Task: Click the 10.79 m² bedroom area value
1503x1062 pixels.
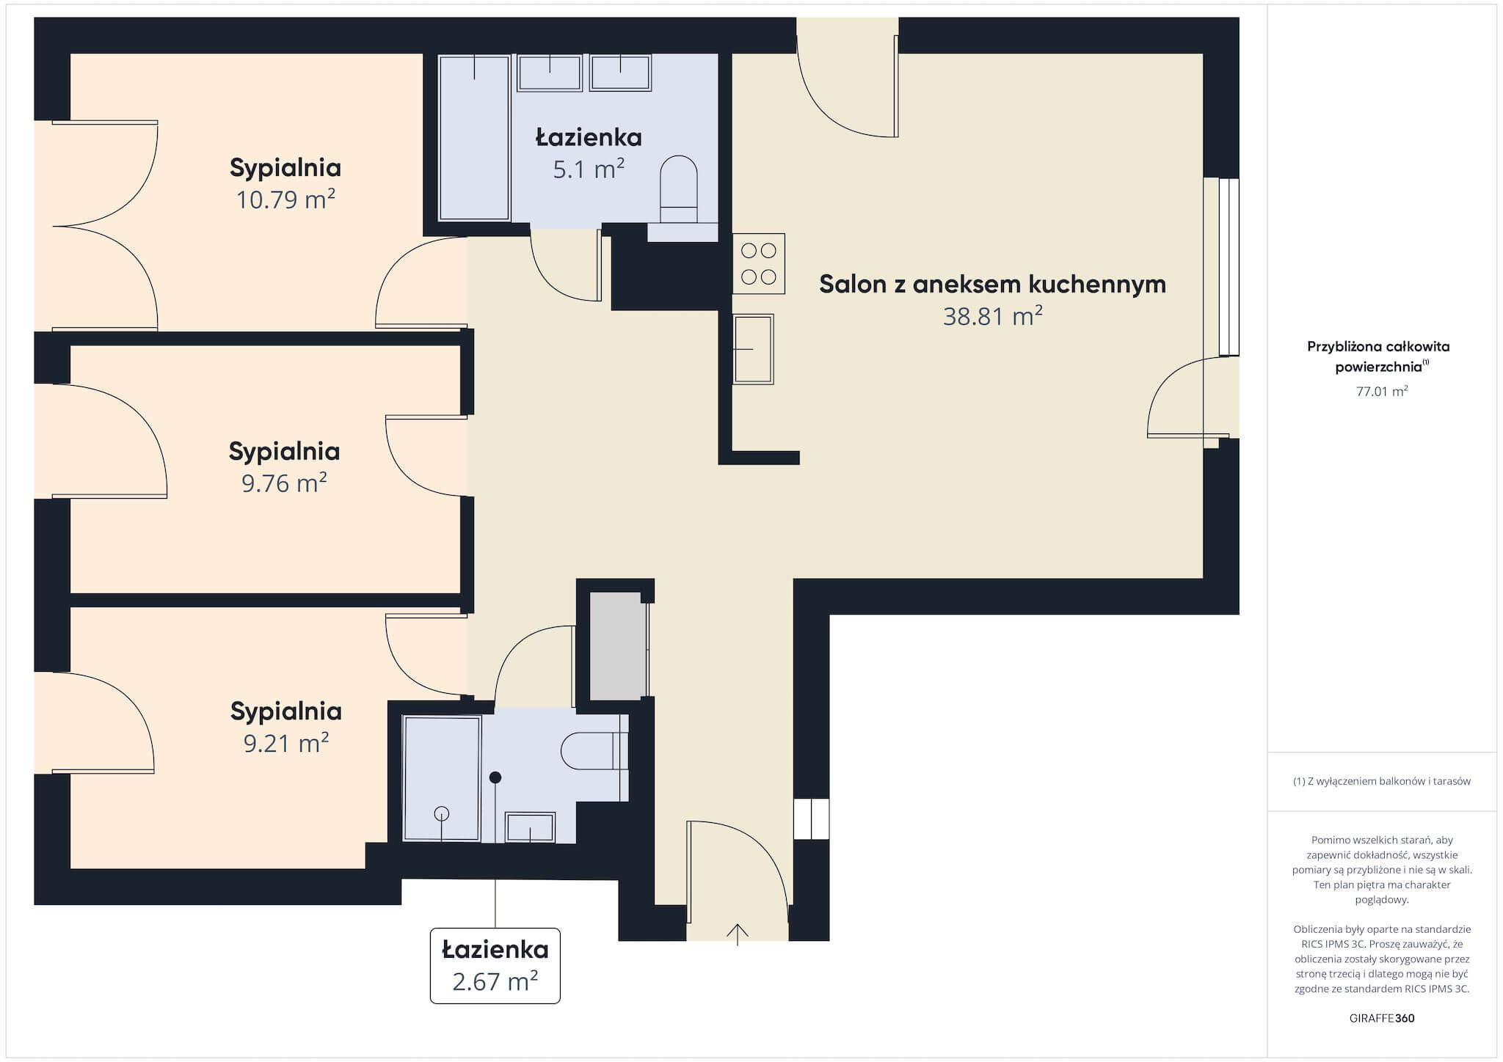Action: click(x=285, y=199)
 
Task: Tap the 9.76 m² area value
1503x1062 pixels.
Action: click(x=284, y=483)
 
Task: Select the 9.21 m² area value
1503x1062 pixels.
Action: click(x=285, y=743)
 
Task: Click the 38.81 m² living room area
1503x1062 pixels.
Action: click(x=993, y=316)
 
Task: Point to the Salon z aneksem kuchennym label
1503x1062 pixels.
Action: click(x=992, y=284)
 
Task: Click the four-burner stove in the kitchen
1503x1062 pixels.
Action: click(x=759, y=263)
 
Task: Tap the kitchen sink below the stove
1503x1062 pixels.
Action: click(x=753, y=349)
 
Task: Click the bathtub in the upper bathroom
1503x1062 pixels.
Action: click(x=474, y=137)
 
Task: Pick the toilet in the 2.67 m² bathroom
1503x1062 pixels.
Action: click(x=595, y=751)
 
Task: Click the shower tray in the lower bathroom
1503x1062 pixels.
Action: click(x=442, y=778)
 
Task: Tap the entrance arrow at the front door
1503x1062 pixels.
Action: click(x=738, y=934)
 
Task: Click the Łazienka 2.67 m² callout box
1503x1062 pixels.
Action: click(x=495, y=965)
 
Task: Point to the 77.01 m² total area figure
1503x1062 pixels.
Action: click(x=1382, y=391)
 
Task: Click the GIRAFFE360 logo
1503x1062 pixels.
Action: click(x=1382, y=1018)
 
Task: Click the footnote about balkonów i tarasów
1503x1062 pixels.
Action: click(x=1382, y=781)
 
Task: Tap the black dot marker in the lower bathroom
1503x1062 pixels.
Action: click(x=495, y=777)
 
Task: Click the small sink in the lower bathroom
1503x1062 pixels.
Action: click(x=531, y=827)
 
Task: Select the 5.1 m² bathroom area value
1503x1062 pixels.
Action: click(x=589, y=169)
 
